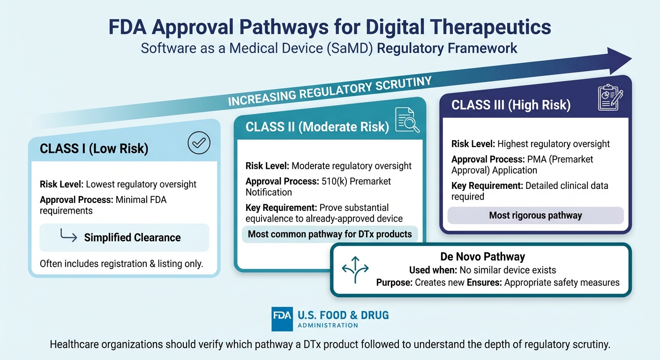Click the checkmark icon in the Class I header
(x=199, y=144)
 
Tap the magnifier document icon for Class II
(x=407, y=120)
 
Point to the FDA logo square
(x=282, y=319)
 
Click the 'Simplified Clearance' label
(x=132, y=238)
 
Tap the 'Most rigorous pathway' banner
(x=535, y=216)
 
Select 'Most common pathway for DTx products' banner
(x=330, y=234)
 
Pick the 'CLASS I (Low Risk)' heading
(x=94, y=149)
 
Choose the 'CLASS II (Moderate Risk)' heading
(x=317, y=127)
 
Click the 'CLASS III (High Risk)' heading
(x=510, y=105)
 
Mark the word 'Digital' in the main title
(x=377, y=28)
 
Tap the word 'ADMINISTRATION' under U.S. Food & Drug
(x=328, y=325)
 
